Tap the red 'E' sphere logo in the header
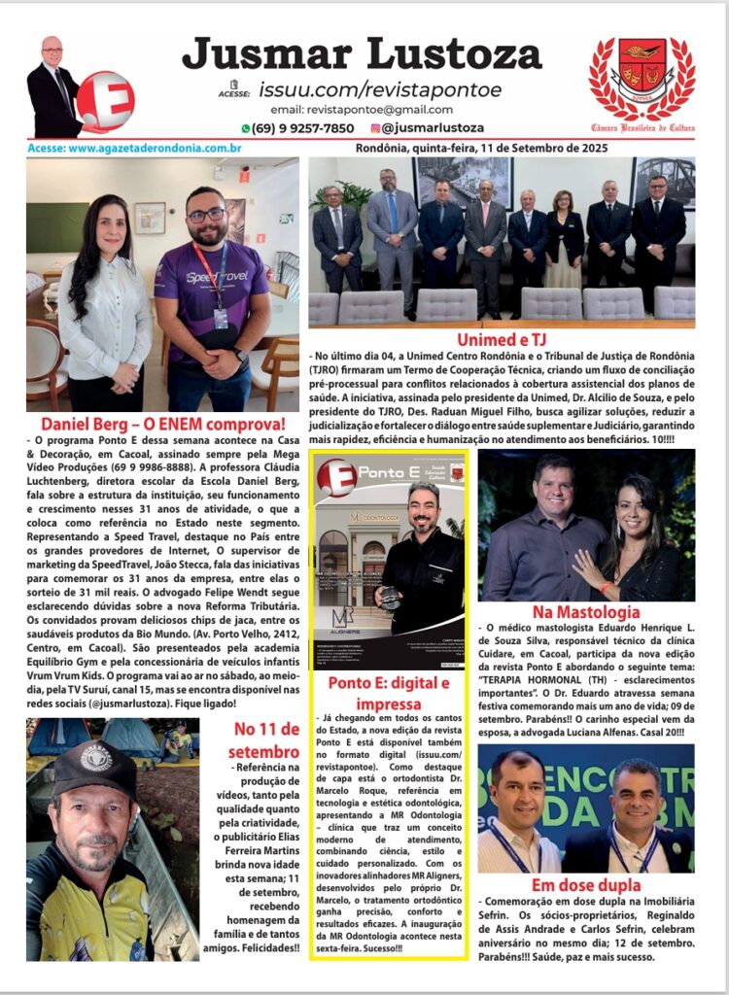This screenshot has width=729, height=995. (x=105, y=100)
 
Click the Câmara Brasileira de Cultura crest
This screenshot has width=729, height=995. (x=642, y=80)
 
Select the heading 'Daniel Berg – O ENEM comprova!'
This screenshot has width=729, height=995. (x=162, y=425)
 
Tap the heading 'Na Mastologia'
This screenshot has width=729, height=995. (x=586, y=612)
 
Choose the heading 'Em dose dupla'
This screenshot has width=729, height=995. (x=586, y=885)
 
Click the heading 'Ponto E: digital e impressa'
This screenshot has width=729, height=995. (x=389, y=692)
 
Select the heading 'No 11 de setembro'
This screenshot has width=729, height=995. (x=266, y=739)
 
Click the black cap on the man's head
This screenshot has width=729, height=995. (x=96, y=767)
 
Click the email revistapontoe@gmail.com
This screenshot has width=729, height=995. (x=362, y=110)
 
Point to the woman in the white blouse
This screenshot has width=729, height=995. (x=105, y=311)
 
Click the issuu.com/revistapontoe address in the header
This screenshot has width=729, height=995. (x=380, y=89)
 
